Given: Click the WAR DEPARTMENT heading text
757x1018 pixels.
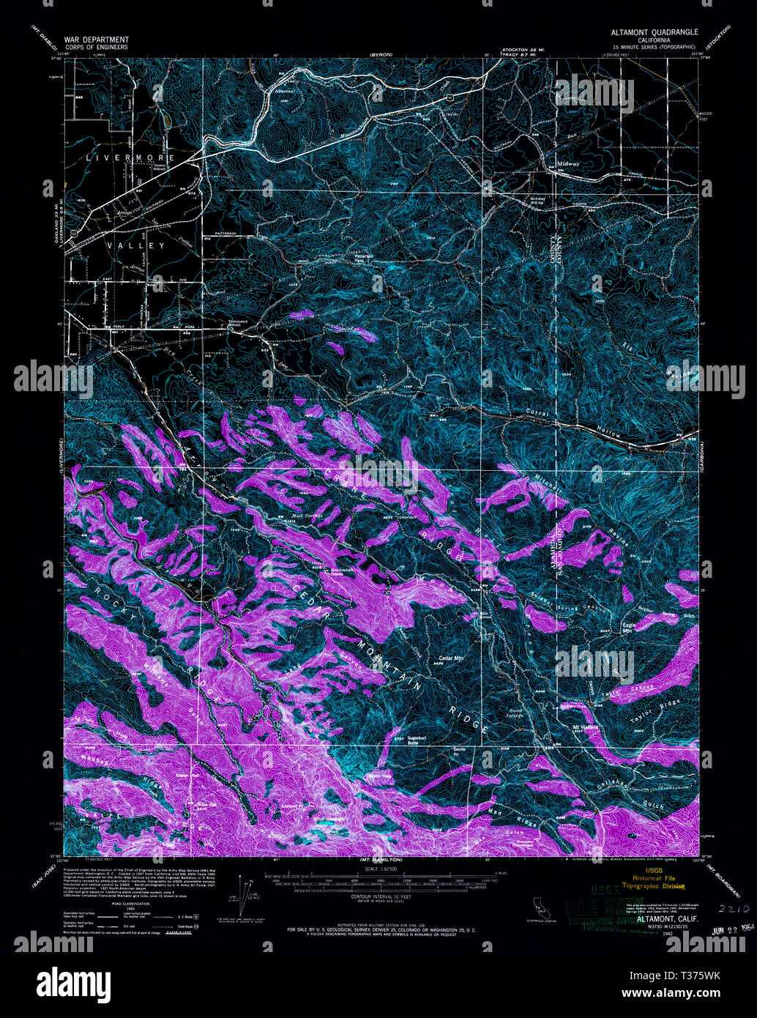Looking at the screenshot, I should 97,40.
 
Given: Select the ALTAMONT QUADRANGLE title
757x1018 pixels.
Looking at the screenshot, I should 655,33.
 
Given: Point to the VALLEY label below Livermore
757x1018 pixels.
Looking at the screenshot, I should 137,246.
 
